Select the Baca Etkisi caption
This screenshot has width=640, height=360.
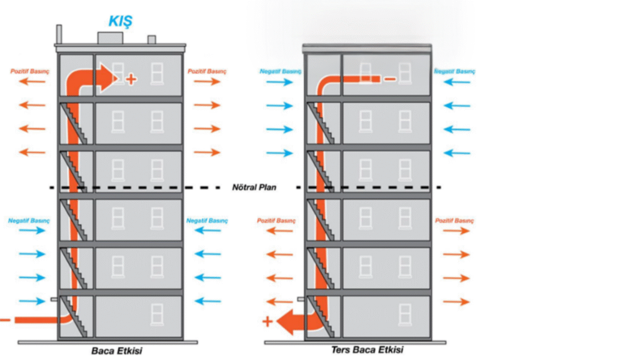point(117,351)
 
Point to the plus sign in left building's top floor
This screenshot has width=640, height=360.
point(131,79)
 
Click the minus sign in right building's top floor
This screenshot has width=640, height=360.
point(389,79)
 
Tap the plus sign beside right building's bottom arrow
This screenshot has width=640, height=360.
point(267,322)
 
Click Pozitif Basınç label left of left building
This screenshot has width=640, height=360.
point(29,71)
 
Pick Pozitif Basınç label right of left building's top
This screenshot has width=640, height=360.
point(207,71)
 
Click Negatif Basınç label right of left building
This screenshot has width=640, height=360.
point(207,221)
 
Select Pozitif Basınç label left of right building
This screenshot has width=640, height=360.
point(276,221)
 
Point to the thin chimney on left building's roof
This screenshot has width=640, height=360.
point(59,34)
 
